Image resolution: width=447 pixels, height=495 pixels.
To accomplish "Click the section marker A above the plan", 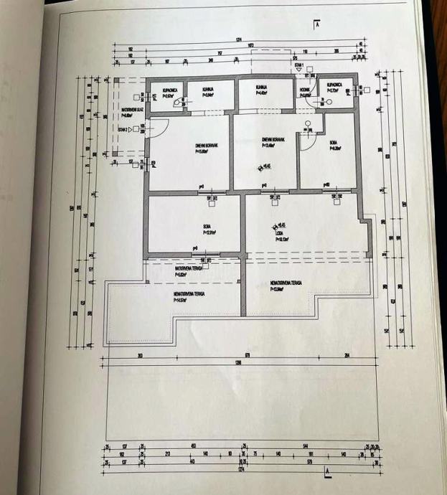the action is (316, 24).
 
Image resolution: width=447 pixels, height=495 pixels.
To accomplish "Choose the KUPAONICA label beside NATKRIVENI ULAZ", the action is (169, 90).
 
